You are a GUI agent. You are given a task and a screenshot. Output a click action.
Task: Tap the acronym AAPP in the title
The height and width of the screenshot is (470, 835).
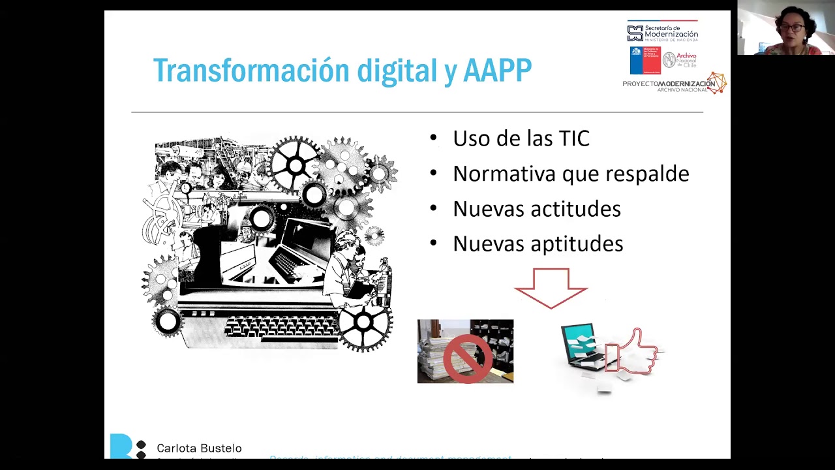497,70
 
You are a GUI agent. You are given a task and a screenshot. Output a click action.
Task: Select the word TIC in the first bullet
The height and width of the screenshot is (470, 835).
573,138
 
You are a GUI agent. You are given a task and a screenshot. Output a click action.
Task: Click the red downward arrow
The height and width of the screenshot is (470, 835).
551,287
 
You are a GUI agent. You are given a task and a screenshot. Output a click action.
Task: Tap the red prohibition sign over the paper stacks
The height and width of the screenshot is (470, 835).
467,357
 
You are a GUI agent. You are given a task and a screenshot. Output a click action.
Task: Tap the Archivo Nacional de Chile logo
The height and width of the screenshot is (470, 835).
680,60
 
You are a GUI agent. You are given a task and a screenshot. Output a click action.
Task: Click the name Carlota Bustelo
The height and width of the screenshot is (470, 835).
199,448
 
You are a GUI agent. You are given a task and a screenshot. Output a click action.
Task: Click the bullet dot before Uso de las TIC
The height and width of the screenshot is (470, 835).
434,138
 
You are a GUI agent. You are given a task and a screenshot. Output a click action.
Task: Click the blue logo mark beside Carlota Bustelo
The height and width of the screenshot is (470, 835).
121,446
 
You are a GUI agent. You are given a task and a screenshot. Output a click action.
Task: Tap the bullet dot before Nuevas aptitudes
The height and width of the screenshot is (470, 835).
434,244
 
